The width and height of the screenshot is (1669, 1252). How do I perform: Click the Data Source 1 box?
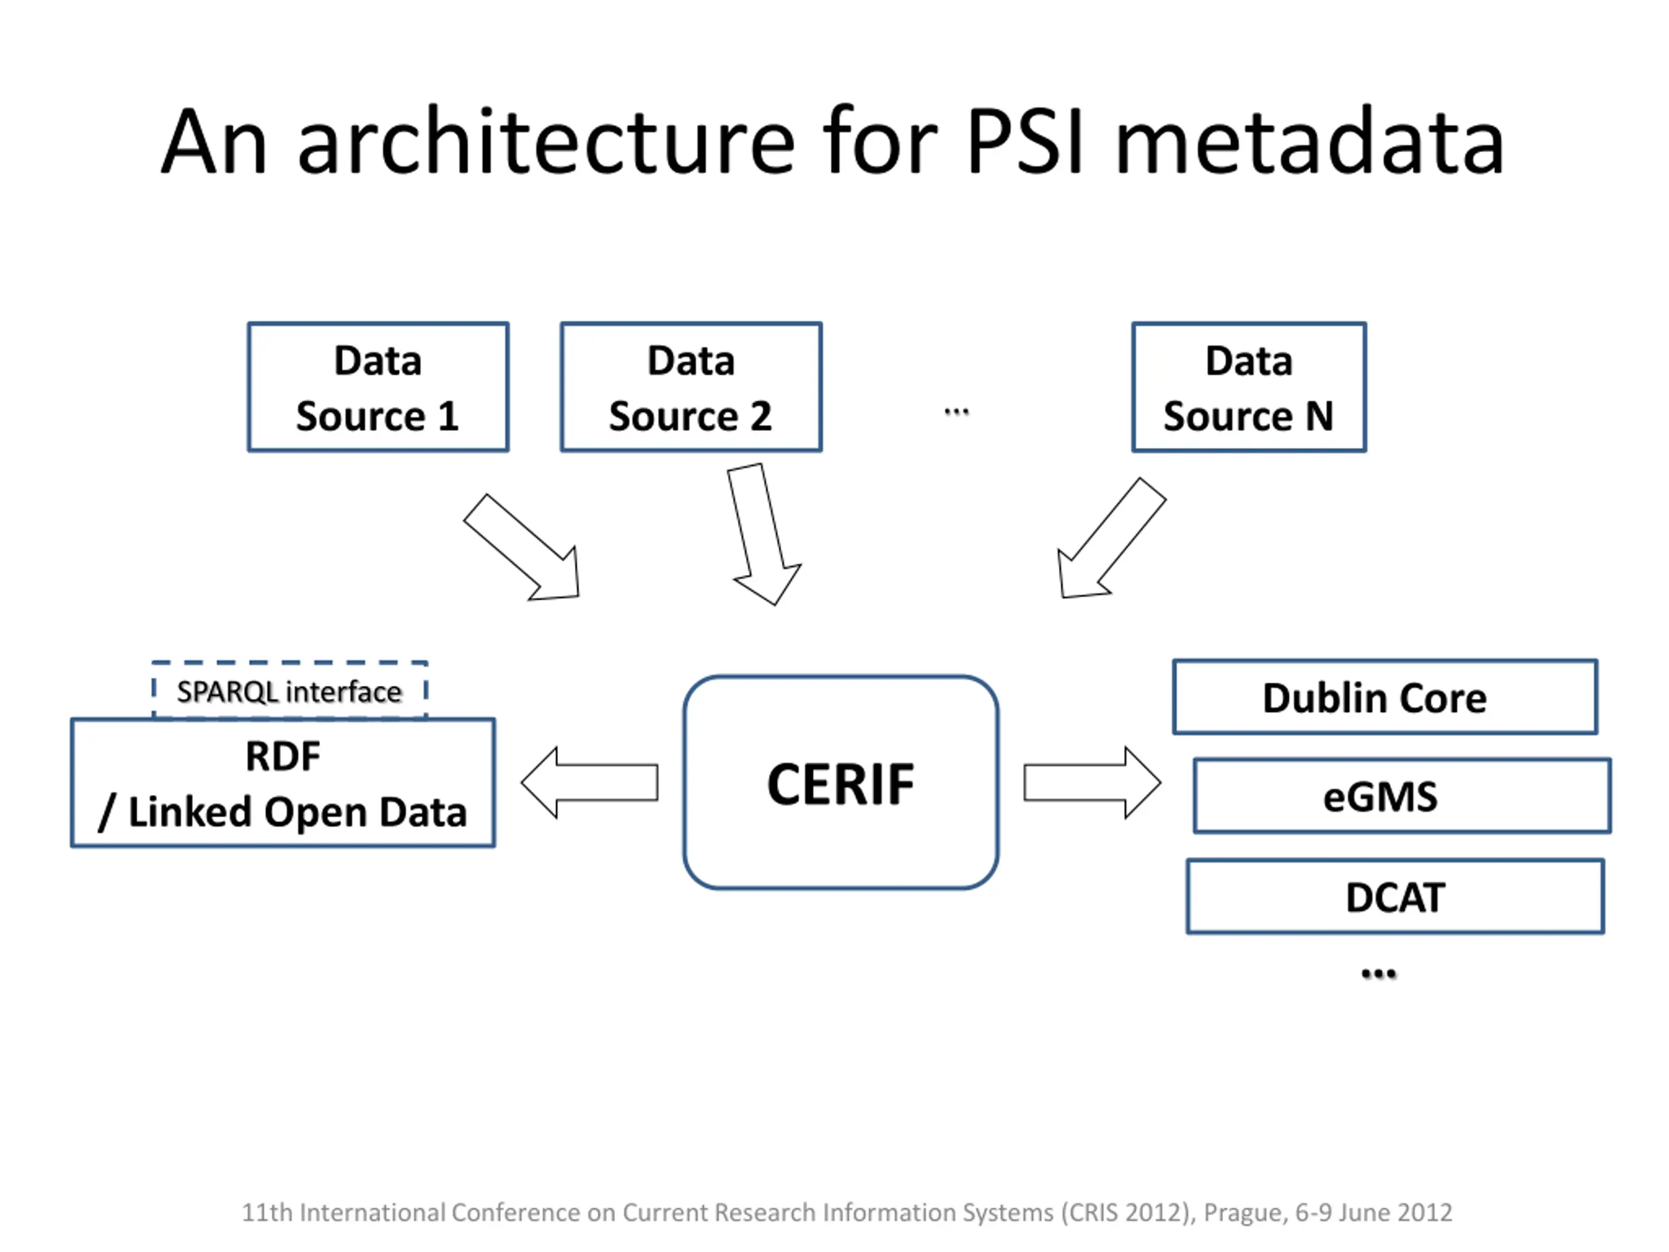click(378, 387)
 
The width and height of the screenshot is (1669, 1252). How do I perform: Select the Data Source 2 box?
click(691, 387)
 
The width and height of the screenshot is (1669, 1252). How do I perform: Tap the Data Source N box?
click(1248, 387)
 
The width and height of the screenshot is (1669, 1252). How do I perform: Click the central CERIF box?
click(840, 782)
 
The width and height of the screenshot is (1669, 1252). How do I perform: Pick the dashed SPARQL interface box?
click(289, 690)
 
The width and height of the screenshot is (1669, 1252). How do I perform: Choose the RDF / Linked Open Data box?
click(283, 782)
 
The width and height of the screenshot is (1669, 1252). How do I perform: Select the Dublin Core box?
click(1385, 696)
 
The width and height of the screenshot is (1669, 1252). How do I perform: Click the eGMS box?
click(1402, 796)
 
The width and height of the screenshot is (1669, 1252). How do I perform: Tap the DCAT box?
click(1395, 897)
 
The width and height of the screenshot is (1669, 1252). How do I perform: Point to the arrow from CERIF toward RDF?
click(589, 782)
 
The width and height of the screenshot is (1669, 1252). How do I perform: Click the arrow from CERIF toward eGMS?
click(1092, 782)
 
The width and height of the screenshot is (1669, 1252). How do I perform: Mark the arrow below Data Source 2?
click(764, 534)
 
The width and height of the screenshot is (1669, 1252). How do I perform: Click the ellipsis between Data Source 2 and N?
click(956, 412)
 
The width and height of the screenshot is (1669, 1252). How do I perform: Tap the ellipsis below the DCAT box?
click(1378, 974)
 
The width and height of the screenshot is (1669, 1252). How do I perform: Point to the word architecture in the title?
click(547, 141)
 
